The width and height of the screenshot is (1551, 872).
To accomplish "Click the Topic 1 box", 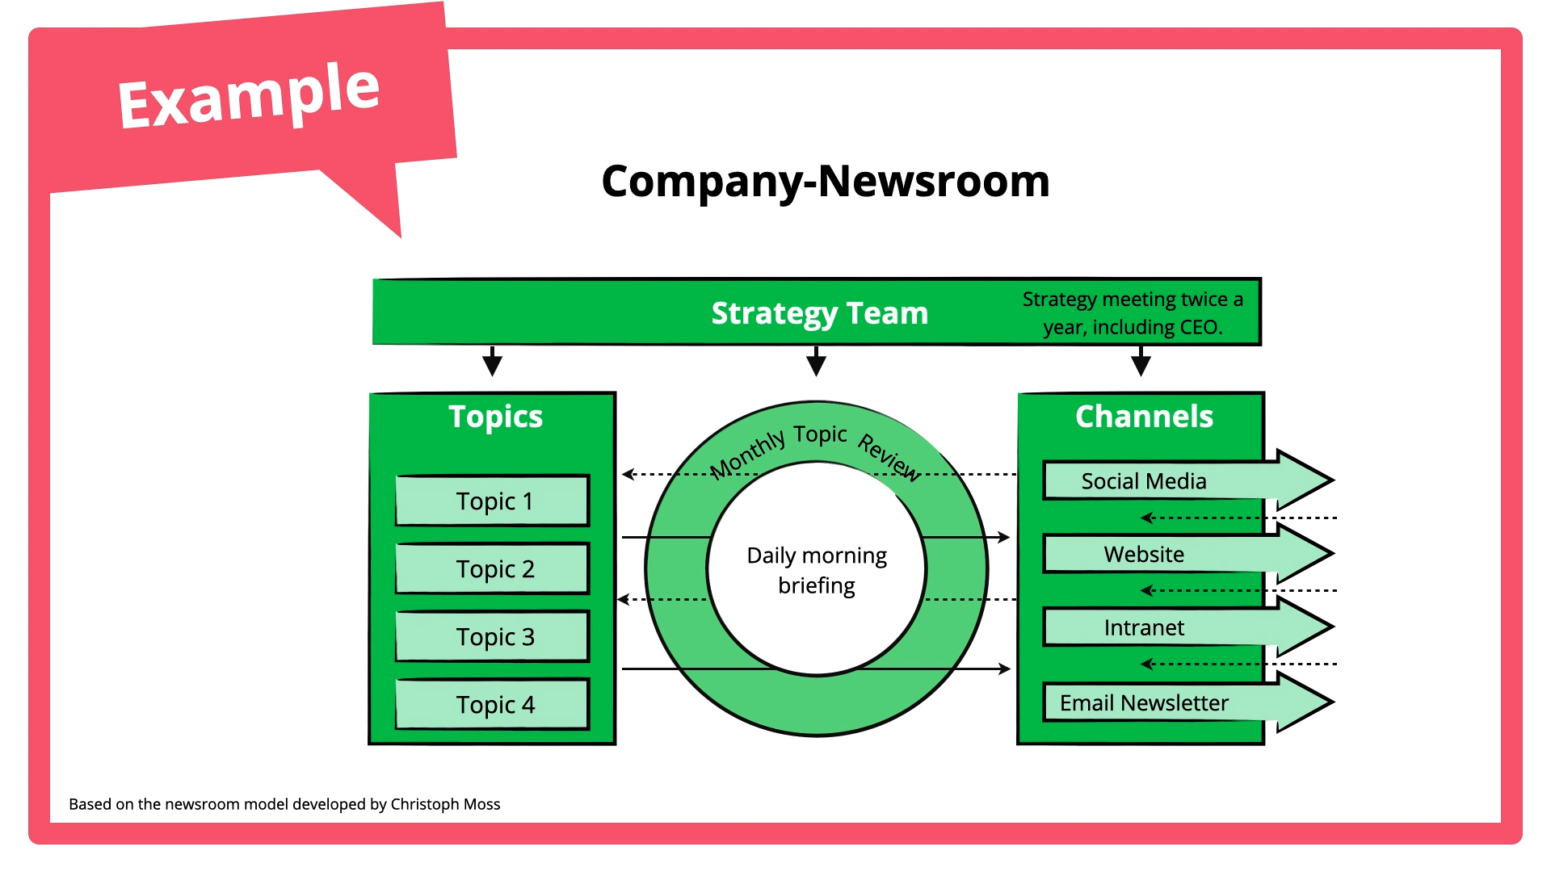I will click(x=493, y=501).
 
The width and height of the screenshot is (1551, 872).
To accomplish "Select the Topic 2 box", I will click(x=493, y=569).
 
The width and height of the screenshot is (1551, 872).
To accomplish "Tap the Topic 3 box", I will click(x=493, y=637).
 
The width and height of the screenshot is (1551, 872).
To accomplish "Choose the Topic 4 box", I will click(x=493, y=705).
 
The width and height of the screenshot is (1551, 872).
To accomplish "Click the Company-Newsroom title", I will click(x=825, y=181).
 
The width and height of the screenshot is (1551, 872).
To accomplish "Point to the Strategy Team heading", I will click(x=819, y=313).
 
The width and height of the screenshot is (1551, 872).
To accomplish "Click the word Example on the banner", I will click(x=249, y=96).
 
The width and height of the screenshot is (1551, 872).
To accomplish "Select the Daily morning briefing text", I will click(x=817, y=570).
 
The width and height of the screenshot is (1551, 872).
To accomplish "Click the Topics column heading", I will click(x=495, y=417).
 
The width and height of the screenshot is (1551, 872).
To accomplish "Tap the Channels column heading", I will click(x=1144, y=417).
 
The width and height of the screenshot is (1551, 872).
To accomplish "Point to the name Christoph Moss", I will click(x=445, y=804).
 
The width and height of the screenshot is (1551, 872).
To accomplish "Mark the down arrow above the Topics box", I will click(x=492, y=362).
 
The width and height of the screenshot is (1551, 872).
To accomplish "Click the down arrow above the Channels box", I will click(x=1141, y=362).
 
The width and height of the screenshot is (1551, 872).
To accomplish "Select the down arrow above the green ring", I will click(x=817, y=362).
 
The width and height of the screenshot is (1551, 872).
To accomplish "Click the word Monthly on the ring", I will click(x=747, y=455).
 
